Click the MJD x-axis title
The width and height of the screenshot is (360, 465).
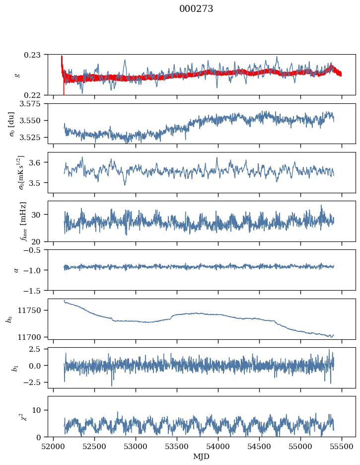pyautogui.click(x=201, y=456)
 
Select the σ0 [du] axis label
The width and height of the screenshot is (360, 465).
pyautogui.click(x=11, y=124)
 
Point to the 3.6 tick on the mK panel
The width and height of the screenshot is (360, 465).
pyautogui.click(x=39, y=162)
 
